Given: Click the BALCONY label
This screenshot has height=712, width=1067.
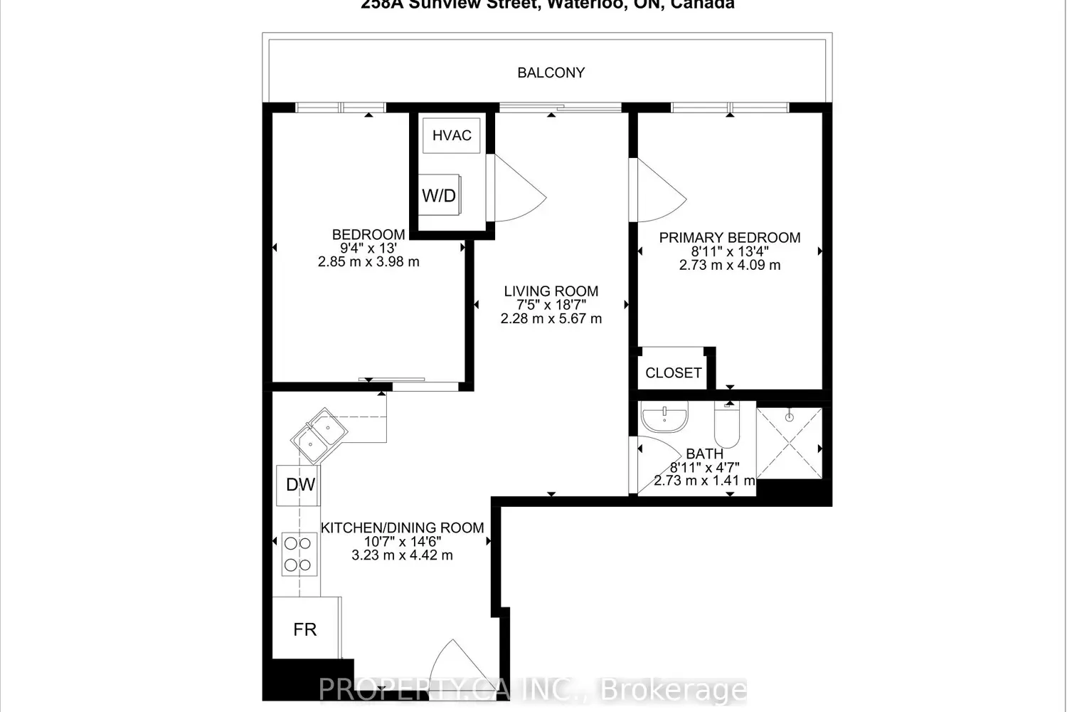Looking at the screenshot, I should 551,73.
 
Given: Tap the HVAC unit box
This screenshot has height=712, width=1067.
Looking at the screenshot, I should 452,135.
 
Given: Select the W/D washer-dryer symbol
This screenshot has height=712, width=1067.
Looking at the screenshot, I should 439,195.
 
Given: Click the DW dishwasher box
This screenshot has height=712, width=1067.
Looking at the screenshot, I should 299,485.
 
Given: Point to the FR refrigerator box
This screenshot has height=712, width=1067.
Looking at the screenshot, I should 306,629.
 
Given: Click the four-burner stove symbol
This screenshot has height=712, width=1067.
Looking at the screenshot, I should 299,554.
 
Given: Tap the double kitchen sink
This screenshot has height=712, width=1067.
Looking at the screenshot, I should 319,434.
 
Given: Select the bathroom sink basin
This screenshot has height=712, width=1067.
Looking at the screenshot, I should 664,417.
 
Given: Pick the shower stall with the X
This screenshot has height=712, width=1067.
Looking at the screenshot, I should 789,443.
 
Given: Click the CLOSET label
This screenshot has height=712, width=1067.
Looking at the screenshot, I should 673,372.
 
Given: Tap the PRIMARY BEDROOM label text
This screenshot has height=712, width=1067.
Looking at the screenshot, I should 730,238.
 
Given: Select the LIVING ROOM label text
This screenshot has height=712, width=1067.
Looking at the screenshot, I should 551,291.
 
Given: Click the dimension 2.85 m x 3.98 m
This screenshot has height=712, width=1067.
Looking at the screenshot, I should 368,262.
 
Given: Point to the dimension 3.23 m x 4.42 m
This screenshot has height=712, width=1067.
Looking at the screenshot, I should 402,555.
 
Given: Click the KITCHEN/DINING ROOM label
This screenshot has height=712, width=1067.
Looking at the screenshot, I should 402,528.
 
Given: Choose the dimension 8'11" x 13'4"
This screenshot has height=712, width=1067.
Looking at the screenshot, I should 730,251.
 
